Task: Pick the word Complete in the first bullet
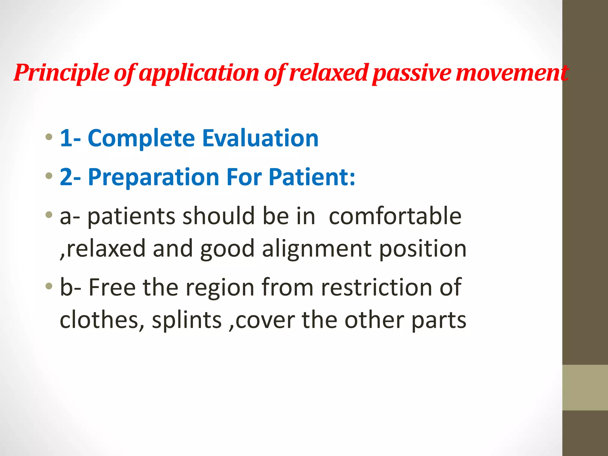pos(141,138)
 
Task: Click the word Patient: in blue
pos(312,177)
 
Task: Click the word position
pos(423,248)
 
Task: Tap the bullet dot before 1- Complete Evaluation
pos(49,137)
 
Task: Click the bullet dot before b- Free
pos(49,286)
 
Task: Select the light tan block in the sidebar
pos(585,387)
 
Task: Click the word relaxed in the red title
pos(329,73)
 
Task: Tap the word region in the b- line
pos(220,287)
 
